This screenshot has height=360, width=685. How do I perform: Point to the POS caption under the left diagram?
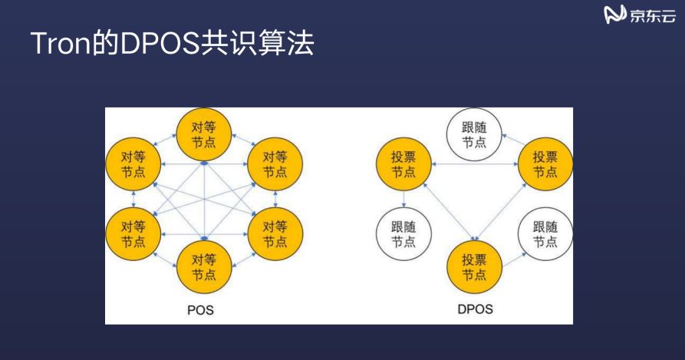[200, 311]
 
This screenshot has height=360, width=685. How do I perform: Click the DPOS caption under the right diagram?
[475, 311]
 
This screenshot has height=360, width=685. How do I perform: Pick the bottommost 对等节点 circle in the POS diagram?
[203, 265]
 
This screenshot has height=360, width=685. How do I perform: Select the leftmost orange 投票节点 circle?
[403, 164]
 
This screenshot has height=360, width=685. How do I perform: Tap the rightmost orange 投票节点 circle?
[545, 164]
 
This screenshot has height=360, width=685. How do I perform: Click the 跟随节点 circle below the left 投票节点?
[403, 235]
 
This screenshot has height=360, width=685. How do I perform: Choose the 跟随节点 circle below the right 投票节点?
[545, 235]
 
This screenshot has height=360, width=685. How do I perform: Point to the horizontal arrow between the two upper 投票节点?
[474, 164]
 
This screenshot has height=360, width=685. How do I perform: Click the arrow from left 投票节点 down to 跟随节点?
[403, 200]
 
